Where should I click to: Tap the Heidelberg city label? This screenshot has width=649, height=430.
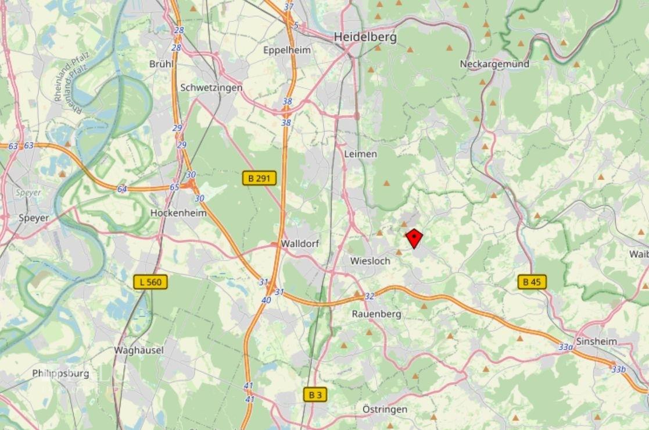[x=365, y=37]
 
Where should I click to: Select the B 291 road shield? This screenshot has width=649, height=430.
[x=259, y=179]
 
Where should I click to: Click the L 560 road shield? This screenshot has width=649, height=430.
[x=150, y=282]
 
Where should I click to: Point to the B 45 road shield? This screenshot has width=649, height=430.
[x=532, y=282]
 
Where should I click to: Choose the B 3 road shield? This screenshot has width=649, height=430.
[x=315, y=395]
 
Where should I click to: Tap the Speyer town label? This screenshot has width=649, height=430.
[x=33, y=218]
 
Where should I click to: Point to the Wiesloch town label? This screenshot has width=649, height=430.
[x=370, y=261]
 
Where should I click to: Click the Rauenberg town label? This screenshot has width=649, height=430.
[x=377, y=314]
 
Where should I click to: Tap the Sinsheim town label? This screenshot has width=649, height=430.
[x=596, y=342]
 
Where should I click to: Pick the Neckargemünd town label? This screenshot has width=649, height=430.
[x=494, y=64]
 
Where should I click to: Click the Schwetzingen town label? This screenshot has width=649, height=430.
[x=211, y=87]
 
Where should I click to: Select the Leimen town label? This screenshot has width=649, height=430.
[x=360, y=154]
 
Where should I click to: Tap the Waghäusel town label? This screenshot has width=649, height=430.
[x=139, y=350]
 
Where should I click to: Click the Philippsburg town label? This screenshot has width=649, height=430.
[x=60, y=373]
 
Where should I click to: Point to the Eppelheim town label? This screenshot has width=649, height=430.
[x=287, y=50]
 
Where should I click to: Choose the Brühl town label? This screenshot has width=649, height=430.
[x=161, y=64]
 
